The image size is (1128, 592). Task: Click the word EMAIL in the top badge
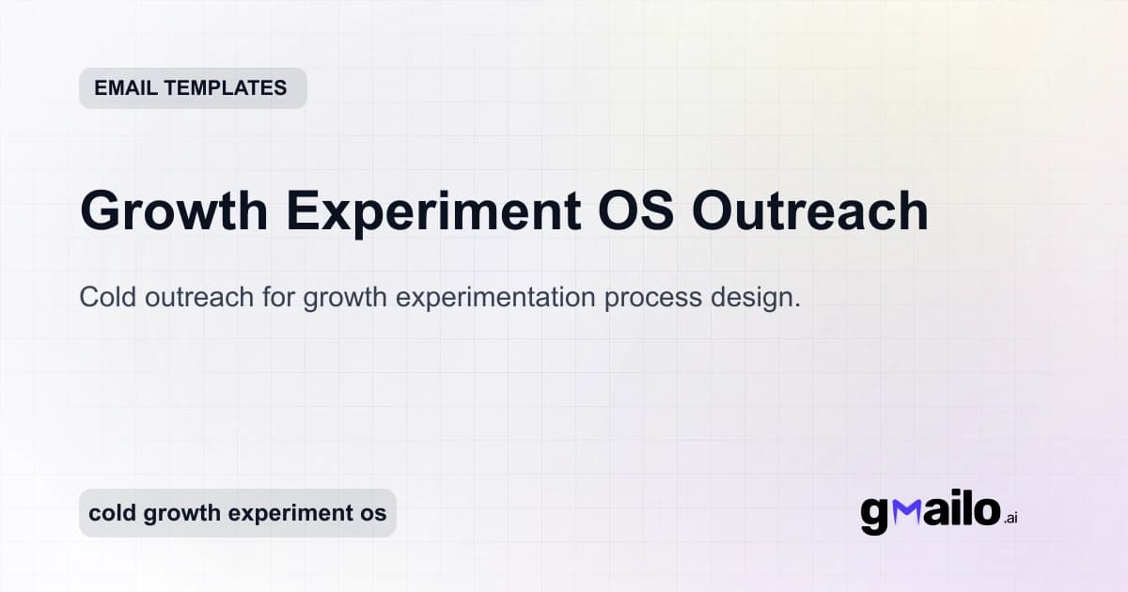tap(124, 88)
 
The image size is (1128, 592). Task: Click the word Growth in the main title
tap(174, 211)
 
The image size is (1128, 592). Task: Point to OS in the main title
tap(635, 210)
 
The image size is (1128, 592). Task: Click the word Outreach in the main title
tap(810, 210)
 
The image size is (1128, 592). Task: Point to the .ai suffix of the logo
tap(1010, 517)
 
